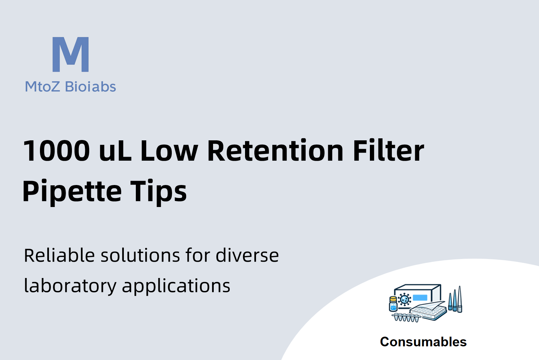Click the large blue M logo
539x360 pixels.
(x=71, y=54)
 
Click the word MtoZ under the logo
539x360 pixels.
(x=42, y=87)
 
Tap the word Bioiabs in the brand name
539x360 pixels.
(x=91, y=87)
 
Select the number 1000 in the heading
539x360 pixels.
(x=56, y=151)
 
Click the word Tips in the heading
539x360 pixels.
(x=158, y=192)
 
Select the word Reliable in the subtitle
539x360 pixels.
(x=59, y=255)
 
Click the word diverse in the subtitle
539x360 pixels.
(x=247, y=255)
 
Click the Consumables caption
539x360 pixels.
(x=423, y=342)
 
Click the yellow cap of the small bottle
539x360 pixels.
(x=393, y=299)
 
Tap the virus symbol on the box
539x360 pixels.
(x=404, y=299)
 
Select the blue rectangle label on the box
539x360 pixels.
(x=420, y=298)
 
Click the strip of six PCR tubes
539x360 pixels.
(x=406, y=317)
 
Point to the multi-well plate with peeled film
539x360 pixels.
(x=428, y=311)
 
